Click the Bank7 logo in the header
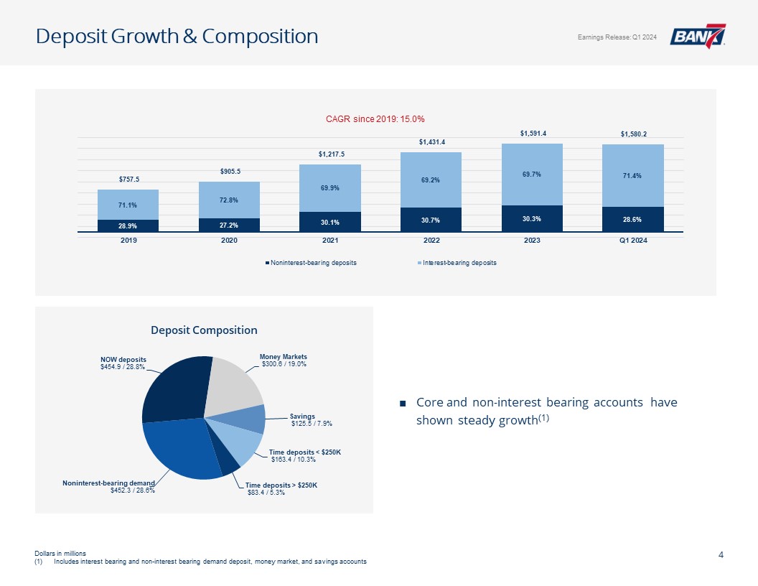(x=697, y=36)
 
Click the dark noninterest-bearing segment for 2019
(x=128, y=225)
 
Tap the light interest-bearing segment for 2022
(x=431, y=180)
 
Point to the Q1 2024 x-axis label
(x=632, y=240)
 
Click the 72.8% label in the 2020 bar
(x=230, y=200)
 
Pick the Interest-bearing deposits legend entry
(x=457, y=263)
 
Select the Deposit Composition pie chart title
(x=204, y=330)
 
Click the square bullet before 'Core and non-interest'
(x=403, y=403)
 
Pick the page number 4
(x=721, y=554)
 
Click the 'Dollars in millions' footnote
(x=60, y=554)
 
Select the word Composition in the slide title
(x=260, y=37)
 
